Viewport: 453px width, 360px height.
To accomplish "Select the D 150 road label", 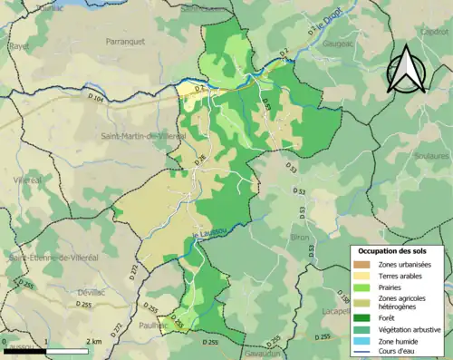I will coord(343,297).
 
